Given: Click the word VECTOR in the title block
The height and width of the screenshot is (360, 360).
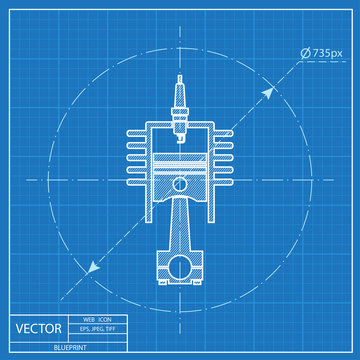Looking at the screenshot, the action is pyautogui.click(x=39, y=329).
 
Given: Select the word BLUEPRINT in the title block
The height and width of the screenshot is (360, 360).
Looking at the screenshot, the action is pyautogui.click(x=70, y=347).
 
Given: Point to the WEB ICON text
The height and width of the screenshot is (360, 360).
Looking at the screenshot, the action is pyautogui.click(x=97, y=319).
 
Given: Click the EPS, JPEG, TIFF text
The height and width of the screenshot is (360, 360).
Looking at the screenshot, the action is pyautogui.click(x=98, y=329).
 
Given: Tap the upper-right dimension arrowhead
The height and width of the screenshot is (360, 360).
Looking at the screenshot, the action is pyautogui.click(x=268, y=93).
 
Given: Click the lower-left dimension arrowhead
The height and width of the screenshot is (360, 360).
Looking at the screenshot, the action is pyautogui.click(x=93, y=267).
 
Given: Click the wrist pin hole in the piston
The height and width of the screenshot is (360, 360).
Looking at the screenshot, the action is pyautogui.click(x=180, y=184).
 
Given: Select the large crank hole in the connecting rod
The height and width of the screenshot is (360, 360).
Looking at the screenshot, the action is pyautogui.click(x=180, y=267).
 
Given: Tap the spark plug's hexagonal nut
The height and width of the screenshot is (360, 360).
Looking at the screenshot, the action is pyautogui.click(x=180, y=112).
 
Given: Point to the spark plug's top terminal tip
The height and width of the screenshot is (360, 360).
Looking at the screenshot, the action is pyautogui.click(x=180, y=77).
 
